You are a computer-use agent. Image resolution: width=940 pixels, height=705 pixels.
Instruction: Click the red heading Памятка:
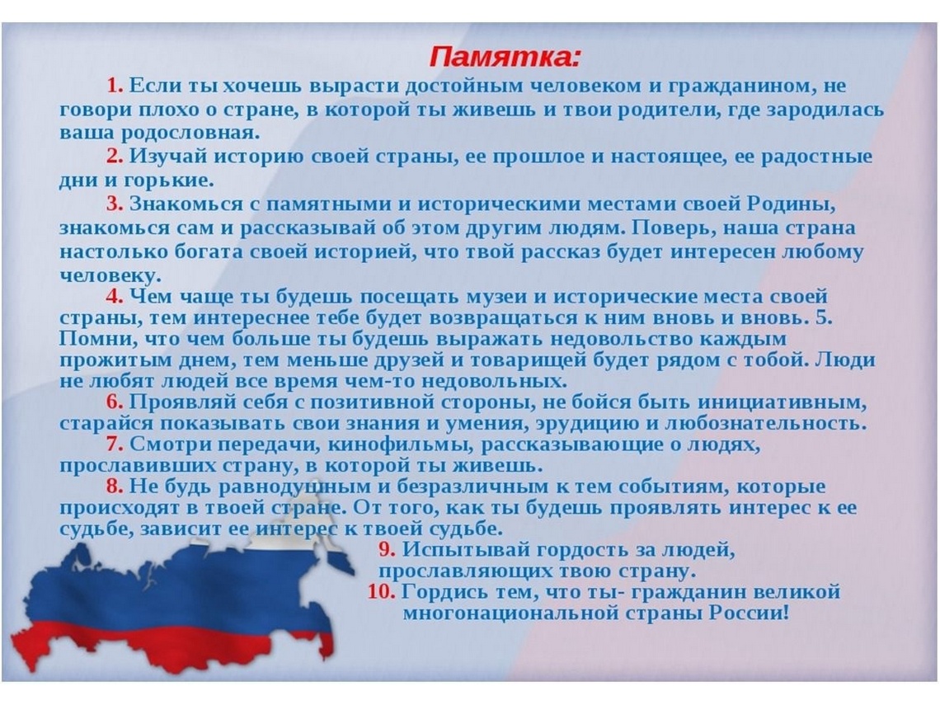pyautogui.click(x=505, y=57)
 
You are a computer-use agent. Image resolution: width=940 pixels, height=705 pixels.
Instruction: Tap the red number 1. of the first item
pyautogui.click(x=115, y=86)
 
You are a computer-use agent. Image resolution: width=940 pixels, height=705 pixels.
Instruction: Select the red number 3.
pyautogui.click(x=115, y=204)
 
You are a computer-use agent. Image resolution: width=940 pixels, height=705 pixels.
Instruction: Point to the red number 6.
pyautogui.click(x=115, y=402)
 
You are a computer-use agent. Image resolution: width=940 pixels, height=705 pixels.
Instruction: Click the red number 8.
pyautogui.click(x=115, y=486)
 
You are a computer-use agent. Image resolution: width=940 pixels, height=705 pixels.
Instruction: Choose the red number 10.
pyautogui.click(x=381, y=592)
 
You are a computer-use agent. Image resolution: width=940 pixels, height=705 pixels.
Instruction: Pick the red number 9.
pyautogui.click(x=387, y=549)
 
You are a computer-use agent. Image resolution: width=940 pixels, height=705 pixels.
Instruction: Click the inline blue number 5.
pyautogui.click(x=825, y=317)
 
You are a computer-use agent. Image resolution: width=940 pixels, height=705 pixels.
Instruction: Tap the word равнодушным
pyautogui.click(x=295, y=486)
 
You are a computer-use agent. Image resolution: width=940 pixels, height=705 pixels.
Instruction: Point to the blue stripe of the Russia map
pyautogui.click(x=180, y=590)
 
